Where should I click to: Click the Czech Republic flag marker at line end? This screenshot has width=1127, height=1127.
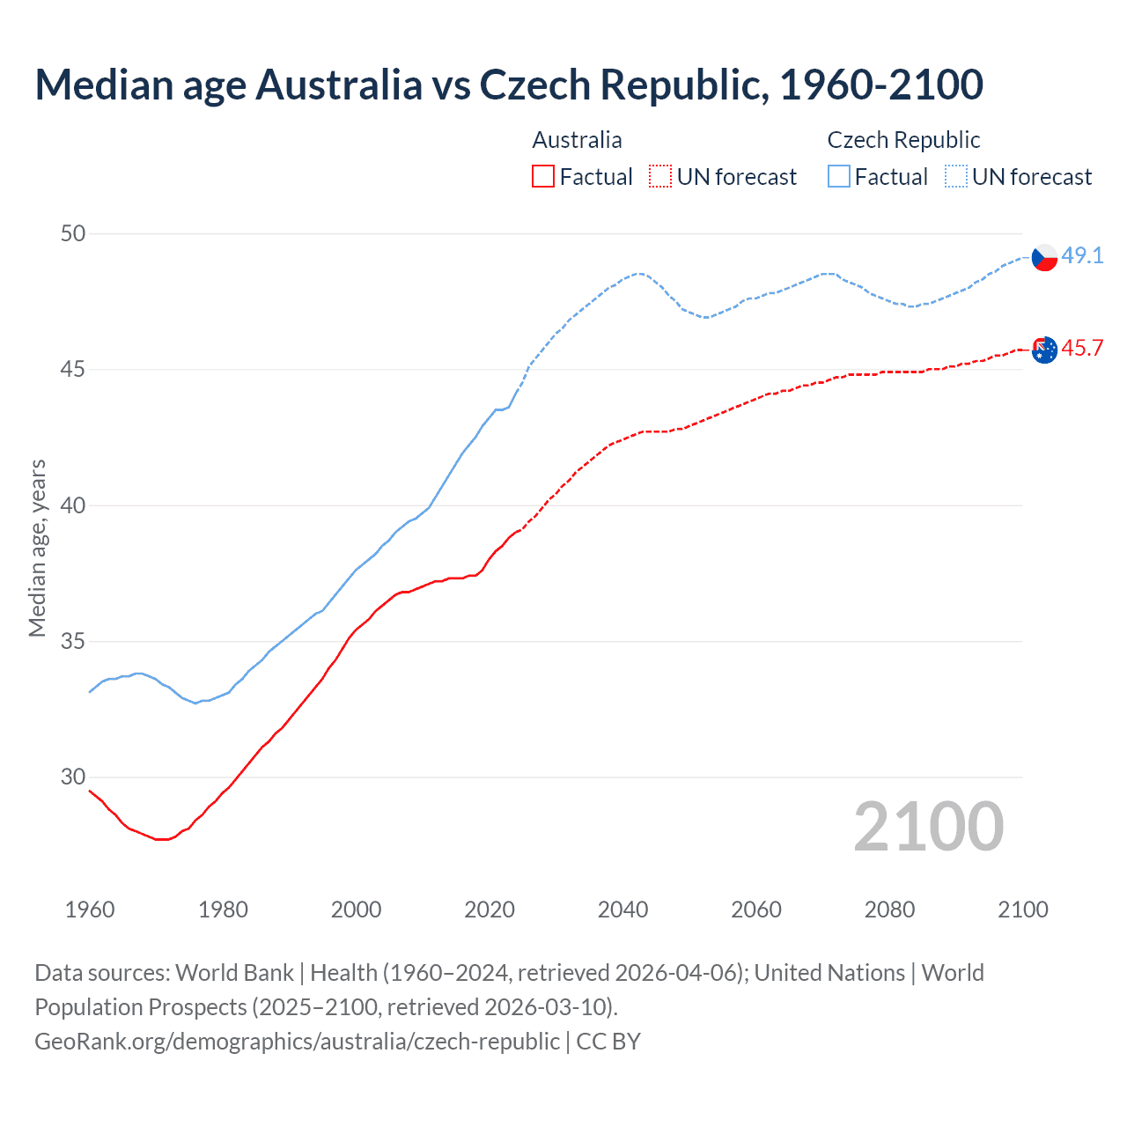(1043, 257)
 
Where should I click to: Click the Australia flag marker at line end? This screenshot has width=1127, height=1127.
(1043, 350)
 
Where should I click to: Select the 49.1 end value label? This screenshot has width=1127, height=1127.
(1082, 255)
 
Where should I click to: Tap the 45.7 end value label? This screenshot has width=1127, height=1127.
(1082, 348)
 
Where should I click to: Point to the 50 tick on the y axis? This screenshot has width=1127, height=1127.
(73, 233)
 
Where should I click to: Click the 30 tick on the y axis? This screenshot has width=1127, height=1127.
(73, 777)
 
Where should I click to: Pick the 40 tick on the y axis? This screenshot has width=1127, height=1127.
(73, 505)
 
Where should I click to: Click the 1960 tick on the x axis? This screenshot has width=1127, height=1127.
(90, 910)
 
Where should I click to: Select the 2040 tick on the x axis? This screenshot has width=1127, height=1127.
(622, 910)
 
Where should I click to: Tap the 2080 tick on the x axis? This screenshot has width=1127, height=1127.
(889, 910)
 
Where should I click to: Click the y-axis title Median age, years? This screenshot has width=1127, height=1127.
(37, 548)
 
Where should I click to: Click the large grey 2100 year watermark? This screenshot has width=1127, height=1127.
(928, 826)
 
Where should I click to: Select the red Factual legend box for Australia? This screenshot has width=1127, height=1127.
(543, 176)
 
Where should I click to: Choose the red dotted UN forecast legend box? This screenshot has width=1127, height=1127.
(660, 176)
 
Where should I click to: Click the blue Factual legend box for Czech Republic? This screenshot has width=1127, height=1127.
(839, 176)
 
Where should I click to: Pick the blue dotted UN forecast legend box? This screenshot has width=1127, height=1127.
(956, 176)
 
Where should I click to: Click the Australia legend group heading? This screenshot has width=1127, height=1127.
(577, 140)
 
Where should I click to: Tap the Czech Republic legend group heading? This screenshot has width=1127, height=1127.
(903, 140)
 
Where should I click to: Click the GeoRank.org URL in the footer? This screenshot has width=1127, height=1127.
(297, 1041)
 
